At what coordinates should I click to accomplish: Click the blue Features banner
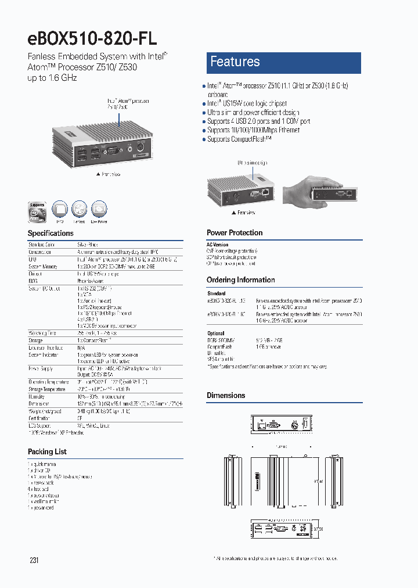coord(284,62)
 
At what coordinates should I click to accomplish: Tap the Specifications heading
coord(51,233)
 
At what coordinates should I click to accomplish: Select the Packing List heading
coord(47,451)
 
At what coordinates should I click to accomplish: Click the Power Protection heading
coord(235,232)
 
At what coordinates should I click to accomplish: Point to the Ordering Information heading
coord(241,279)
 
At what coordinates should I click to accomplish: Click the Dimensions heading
coord(226,395)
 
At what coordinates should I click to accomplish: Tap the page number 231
coord(34,560)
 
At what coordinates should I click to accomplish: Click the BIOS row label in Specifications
coord(33,281)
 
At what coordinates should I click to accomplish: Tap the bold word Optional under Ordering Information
coord(215,334)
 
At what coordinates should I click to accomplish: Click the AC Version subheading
coord(218,245)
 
